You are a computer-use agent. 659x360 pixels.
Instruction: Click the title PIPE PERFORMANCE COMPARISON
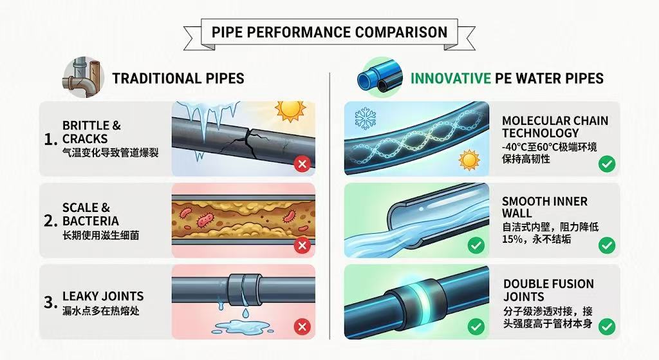329,32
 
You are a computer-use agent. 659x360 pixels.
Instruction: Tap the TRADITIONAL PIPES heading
178,79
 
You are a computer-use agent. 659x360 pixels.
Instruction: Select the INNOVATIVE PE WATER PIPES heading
507,79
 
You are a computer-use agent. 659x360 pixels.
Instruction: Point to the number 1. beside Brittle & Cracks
50,139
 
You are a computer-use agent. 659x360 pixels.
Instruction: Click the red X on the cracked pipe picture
301,164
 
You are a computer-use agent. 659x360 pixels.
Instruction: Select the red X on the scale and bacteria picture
301,245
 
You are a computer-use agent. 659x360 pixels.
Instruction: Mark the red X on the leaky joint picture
301,327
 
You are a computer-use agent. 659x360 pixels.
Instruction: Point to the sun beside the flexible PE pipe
470,158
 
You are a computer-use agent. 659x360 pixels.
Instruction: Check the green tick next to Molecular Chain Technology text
606,164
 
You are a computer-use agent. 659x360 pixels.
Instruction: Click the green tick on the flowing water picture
476,245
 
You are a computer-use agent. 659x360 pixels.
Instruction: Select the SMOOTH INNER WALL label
544,207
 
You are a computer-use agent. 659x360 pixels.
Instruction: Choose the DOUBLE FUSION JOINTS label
548,290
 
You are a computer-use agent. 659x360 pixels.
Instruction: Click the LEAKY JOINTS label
103,296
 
